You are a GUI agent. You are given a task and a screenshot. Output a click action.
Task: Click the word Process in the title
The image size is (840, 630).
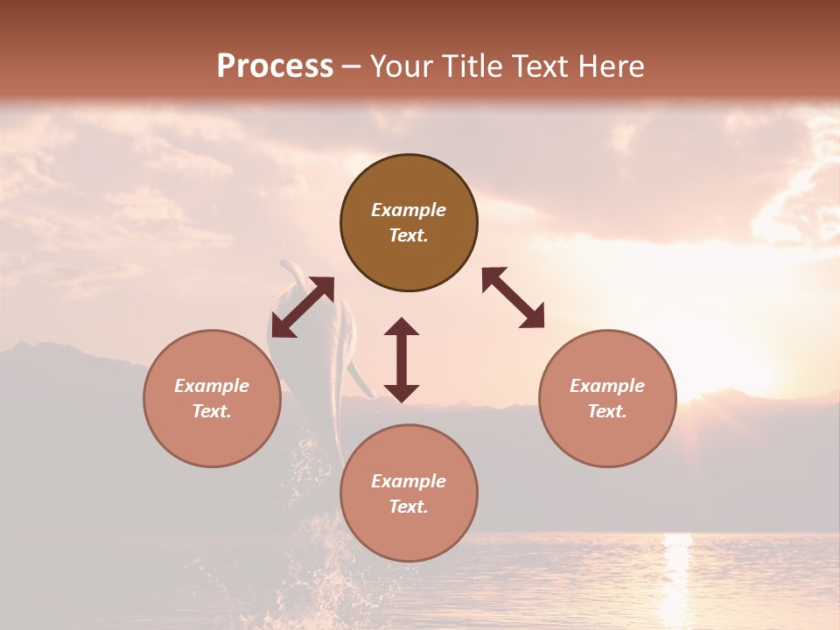(275, 66)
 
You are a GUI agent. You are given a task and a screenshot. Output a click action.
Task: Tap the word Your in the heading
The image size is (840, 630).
(402, 66)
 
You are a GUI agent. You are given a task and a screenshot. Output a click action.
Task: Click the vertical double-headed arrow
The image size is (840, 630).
(402, 360)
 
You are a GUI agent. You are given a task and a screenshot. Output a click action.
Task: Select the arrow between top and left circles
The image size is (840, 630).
(303, 306)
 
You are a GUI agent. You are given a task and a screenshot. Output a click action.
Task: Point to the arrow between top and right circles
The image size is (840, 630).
(514, 297)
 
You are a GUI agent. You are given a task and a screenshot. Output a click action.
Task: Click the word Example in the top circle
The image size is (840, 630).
(409, 210)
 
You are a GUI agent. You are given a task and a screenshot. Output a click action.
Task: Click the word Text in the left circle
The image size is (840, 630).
(212, 411)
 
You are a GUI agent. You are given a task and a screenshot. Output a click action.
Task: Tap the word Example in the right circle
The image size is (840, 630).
(607, 386)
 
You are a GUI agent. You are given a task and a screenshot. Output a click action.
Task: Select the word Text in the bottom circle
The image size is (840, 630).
(409, 507)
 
